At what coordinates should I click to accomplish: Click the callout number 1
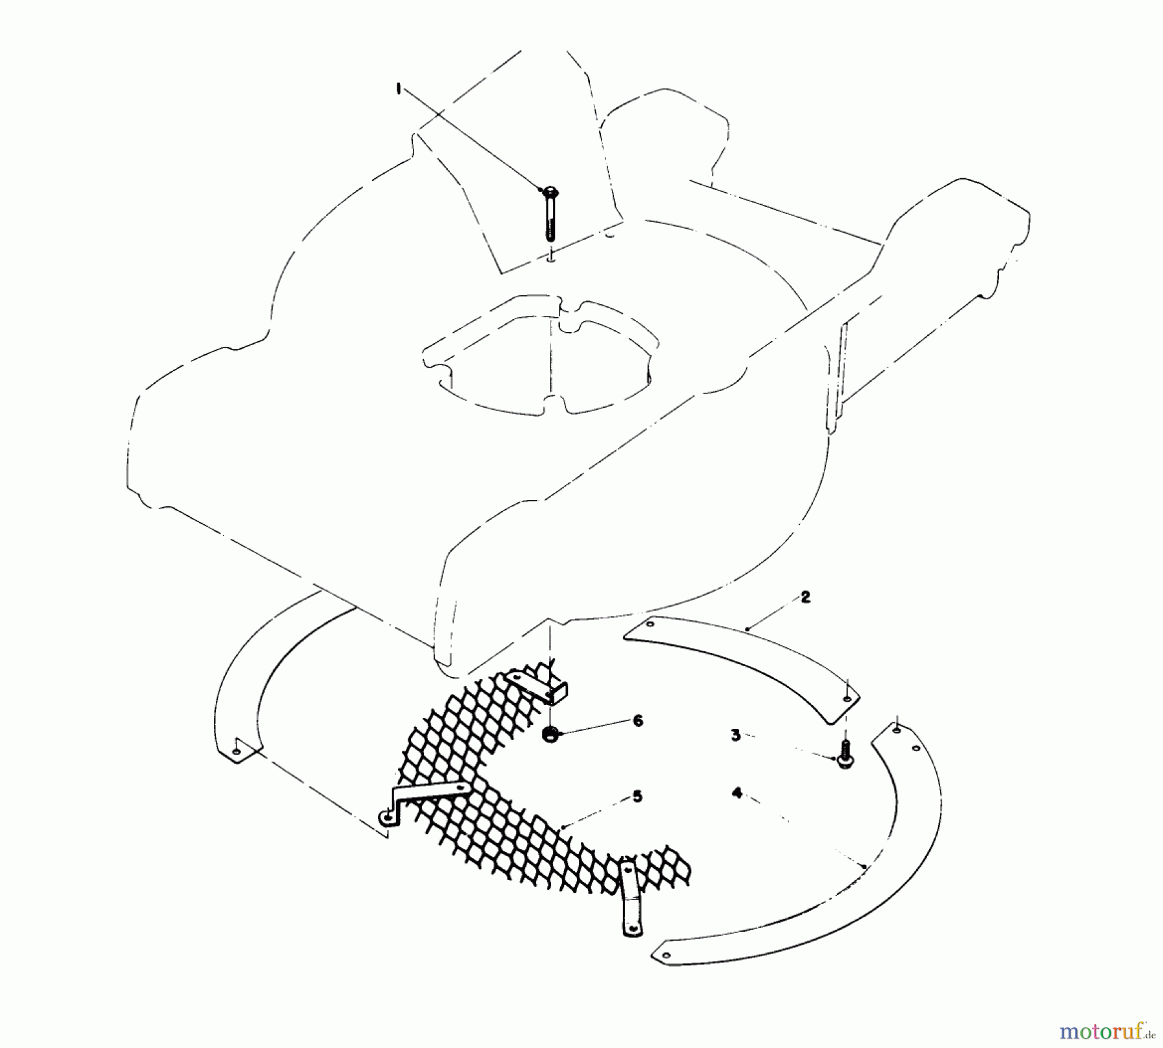[399, 89]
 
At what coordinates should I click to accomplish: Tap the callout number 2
[805, 598]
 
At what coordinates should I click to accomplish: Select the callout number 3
[735, 735]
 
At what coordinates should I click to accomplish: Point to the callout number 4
[737, 793]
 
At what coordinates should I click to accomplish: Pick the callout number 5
[637, 797]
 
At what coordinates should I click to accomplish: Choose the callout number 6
[638, 720]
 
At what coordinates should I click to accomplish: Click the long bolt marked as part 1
[550, 216]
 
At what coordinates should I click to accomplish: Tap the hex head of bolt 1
[550, 192]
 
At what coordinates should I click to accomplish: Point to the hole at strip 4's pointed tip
[661, 952]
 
